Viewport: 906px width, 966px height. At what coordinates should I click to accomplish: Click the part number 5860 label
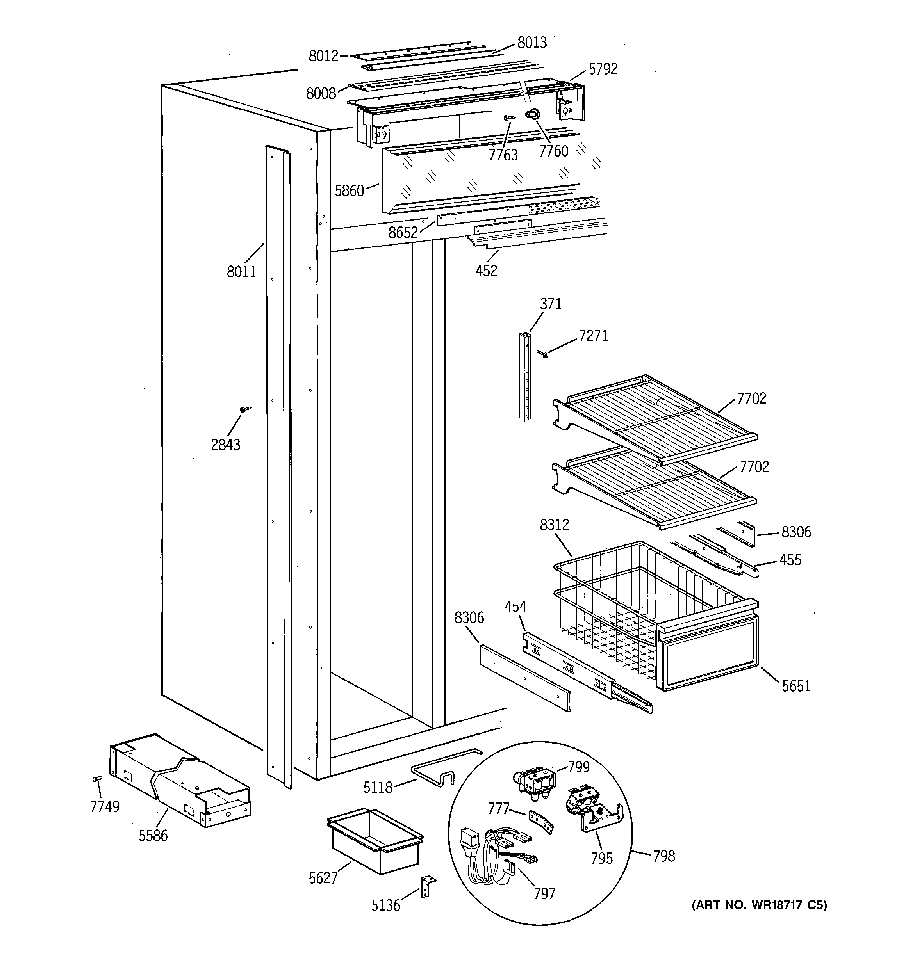(349, 191)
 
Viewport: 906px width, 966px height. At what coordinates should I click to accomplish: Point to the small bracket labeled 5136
(428, 886)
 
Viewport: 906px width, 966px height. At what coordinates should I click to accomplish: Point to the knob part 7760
(531, 115)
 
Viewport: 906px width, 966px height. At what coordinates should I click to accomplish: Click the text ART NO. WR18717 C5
(759, 905)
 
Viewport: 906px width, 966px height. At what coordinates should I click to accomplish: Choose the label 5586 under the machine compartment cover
(153, 836)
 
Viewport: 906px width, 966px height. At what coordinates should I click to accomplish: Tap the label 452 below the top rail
(486, 270)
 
